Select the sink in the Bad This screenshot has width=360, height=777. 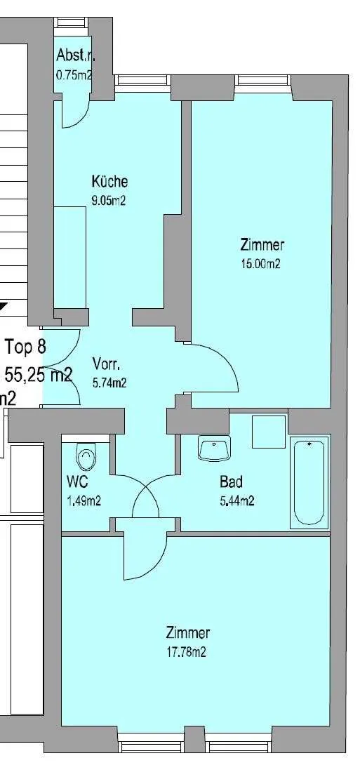tap(215, 449)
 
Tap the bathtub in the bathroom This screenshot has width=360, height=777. tap(309, 482)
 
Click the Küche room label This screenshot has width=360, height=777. tap(109, 181)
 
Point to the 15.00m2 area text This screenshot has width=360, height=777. tap(260, 264)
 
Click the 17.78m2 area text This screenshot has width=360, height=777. tap(186, 652)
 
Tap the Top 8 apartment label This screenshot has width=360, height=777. tap(25, 346)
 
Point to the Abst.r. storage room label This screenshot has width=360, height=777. tap(75, 54)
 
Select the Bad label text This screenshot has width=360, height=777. tap(231, 482)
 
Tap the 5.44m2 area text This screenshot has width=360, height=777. tap(237, 501)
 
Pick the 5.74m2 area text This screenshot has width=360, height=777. tap(110, 383)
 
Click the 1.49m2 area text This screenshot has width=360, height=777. tap(84, 501)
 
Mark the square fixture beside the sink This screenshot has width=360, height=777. tap(269, 432)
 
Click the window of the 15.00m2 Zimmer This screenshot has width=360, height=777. tap(263, 80)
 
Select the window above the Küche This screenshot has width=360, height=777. tap(142, 80)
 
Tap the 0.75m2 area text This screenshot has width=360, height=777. tap(74, 75)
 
